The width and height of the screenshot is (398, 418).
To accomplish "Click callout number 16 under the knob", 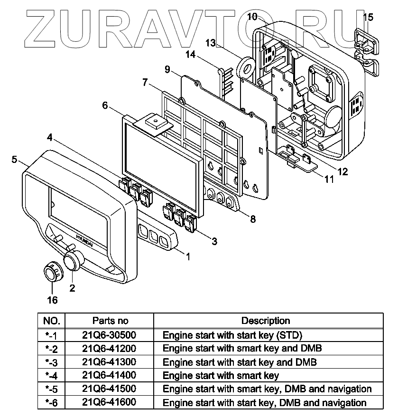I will click(x=52, y=300).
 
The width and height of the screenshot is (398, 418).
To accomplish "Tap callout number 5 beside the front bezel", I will click(x=15, y=159).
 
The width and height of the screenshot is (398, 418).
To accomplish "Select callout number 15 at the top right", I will click(x=368, y=18).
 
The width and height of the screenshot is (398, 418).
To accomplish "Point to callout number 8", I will click(x=253, y=219).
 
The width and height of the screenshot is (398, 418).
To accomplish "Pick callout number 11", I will click(x=328, y=180).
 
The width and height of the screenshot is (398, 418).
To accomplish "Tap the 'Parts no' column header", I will click(x=110, y=321).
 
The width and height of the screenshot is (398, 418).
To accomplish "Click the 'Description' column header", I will click(x=266, y=321).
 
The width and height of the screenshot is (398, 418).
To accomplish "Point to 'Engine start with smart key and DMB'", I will click(x=242, y=348).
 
